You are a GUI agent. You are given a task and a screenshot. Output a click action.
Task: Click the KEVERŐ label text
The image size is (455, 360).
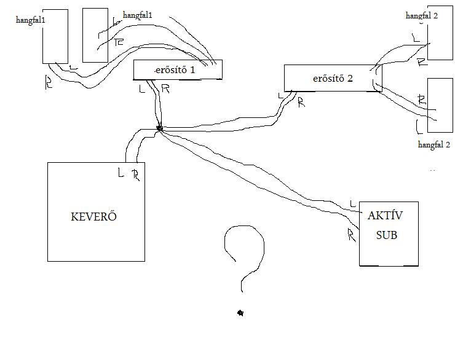94,216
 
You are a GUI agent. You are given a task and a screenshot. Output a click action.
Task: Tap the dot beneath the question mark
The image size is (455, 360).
240,313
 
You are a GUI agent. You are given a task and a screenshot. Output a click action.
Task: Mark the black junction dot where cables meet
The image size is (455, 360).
159,128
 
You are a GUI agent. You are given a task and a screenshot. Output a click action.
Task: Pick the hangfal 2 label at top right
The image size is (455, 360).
422,15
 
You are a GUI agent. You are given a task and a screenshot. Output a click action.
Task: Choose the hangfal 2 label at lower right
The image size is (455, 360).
434,144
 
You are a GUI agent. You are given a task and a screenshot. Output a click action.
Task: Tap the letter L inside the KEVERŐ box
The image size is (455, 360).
121,173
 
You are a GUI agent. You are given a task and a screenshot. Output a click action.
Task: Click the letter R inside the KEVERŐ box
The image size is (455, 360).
135,175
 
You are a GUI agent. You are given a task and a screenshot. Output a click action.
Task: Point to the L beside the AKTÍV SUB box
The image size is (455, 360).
352,203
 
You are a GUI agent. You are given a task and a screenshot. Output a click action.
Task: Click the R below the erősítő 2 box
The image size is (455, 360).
301,103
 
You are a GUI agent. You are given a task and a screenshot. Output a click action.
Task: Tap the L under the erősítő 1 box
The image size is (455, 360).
143,88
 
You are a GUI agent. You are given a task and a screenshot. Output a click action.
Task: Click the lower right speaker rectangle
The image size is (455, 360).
440,104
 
